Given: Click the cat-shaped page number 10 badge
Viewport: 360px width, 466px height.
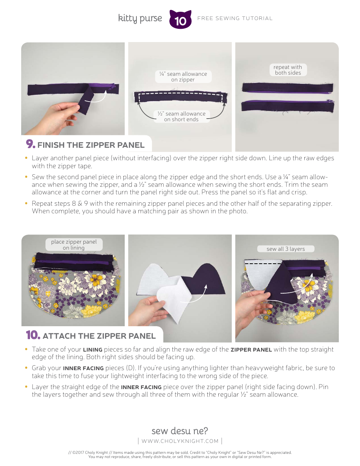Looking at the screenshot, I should (180, 20).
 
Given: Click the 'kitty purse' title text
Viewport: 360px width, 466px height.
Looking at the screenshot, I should (140, 19).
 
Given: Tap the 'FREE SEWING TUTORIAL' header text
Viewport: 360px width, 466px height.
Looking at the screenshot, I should (235, 18).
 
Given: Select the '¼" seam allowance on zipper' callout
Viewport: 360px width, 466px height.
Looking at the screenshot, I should (183, 77).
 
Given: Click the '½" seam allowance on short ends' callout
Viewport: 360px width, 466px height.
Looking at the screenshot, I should (181, 116).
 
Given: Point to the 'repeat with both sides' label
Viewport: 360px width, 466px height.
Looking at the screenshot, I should (288, 70).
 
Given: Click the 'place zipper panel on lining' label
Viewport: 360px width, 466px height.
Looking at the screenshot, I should (74, 244).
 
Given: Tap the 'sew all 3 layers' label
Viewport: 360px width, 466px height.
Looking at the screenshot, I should (286, 249).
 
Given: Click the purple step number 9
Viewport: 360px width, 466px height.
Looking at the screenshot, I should (30, 144).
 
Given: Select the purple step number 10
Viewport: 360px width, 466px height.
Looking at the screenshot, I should (33, 335).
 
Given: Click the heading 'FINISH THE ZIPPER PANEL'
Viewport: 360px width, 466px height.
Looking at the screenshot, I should (91, 145).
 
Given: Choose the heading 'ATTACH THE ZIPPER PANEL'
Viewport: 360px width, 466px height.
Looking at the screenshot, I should (99, 336).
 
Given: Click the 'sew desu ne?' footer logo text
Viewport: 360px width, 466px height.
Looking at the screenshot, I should (180, 431).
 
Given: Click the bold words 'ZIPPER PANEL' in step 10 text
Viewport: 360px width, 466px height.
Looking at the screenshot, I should (251, 350).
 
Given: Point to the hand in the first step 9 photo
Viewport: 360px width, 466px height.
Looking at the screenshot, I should (59, 116).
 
